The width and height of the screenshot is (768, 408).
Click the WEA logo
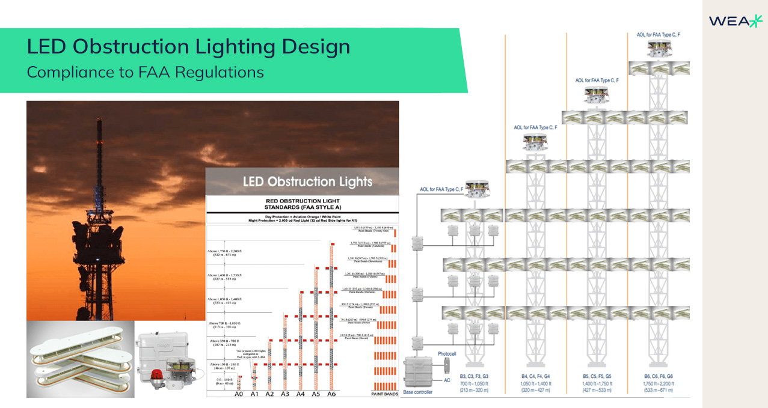[x=735, y=21]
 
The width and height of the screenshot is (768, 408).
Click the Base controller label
[x=417, y=392]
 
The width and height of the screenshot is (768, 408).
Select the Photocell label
[x=448, y=354]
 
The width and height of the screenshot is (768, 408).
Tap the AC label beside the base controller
[x=446, y=381]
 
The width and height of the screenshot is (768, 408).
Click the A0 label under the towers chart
[x=238, y=394]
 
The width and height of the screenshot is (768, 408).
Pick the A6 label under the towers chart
[x=331, y=394]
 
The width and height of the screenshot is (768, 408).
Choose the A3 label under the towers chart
[x=284, y=394]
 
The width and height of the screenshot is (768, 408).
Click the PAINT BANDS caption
[x=384, y=394]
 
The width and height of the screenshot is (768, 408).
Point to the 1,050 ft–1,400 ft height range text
[x=536, y=384]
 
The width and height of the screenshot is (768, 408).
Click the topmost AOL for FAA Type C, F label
[x=658, y=35]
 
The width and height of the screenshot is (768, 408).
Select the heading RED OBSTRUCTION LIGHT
[x=303, y=201]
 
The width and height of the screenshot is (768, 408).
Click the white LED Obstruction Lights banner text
[x=307, y=181]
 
